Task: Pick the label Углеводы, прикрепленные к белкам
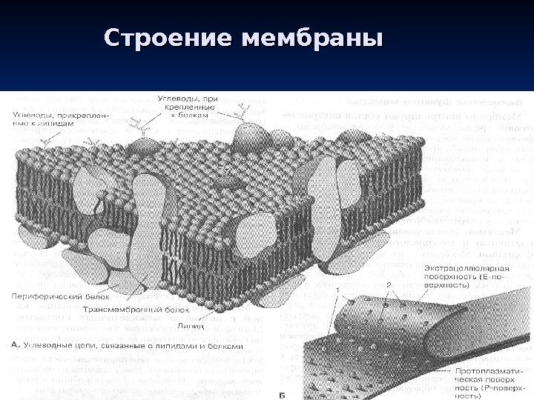pos(188,105)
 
